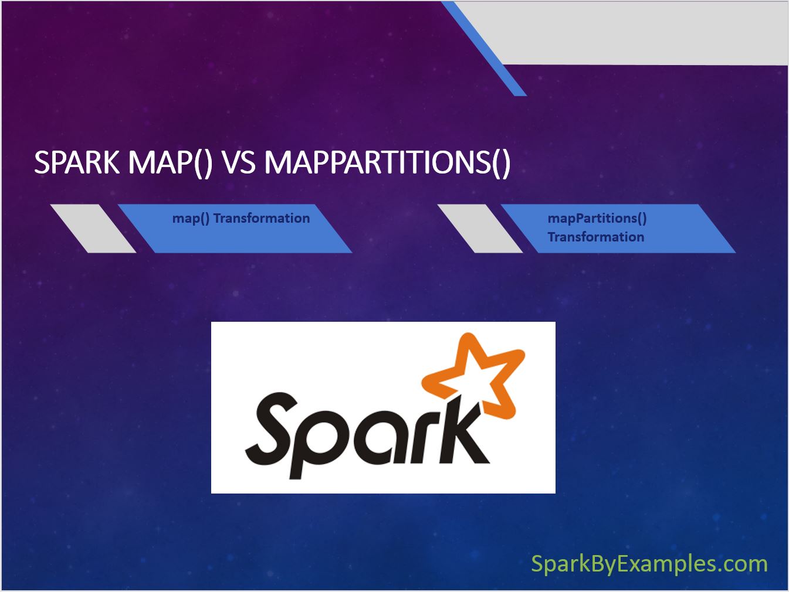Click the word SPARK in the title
pos(77,162)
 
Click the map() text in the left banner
pos(191,219)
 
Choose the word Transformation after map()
pos(262,218)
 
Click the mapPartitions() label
pos(597,219)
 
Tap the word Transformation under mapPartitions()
pos(595,237)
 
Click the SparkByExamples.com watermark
pos(649,564)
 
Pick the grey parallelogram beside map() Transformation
pos(93,229)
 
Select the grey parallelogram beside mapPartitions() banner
pos(480,229)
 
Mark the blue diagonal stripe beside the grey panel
pos(483,49)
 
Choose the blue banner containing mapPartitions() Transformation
pos(618,229)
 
